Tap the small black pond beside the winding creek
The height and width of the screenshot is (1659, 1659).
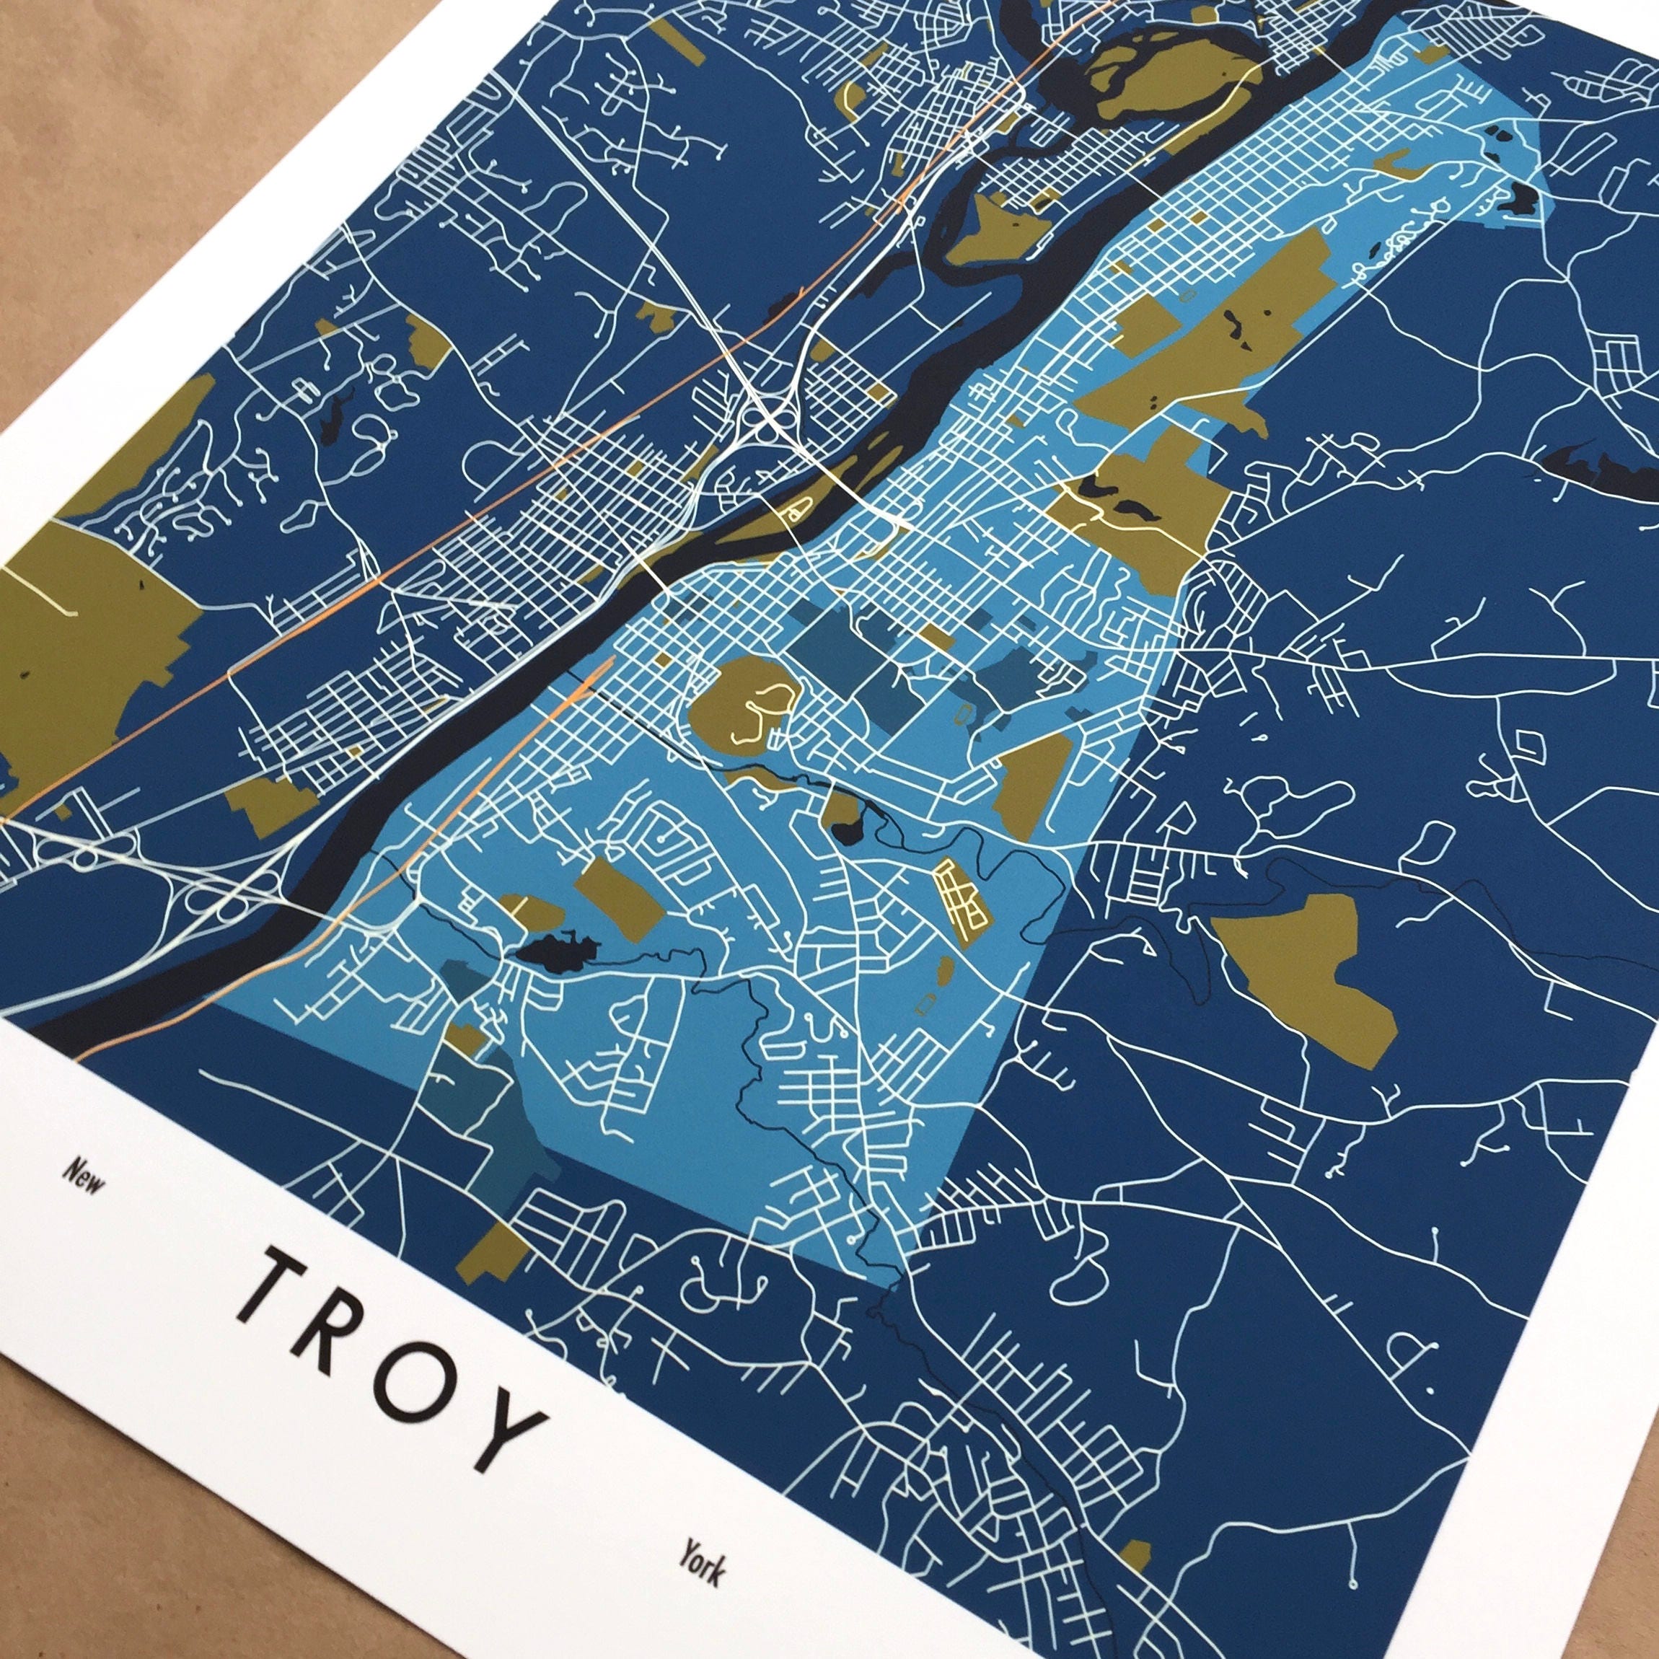tap(848, 831)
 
